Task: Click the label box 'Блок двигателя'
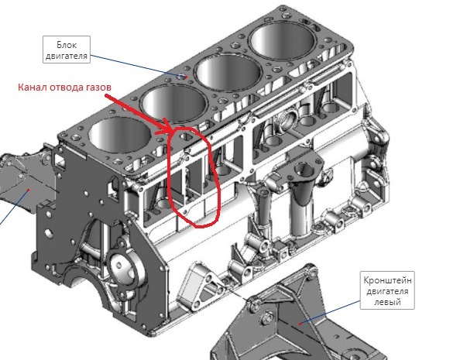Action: coord(67,50)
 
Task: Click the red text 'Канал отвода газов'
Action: coord(65,87)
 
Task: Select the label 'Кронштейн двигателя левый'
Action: coord(387,290)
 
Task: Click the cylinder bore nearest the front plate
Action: coord(120,135)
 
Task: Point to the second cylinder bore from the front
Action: coord(173,104)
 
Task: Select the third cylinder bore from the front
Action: coord(228,73)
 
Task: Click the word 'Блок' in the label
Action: coord(67,45)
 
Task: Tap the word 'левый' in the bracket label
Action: coord(387,301)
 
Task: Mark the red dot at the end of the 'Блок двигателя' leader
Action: coord(186,77)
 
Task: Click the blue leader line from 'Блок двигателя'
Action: coord(137,66)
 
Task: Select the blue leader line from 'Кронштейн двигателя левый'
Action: coord(330,312)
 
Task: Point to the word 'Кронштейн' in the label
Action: coord(387,280)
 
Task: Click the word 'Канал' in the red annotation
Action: coord(31,87)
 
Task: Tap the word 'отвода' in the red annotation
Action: coord(64,87)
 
